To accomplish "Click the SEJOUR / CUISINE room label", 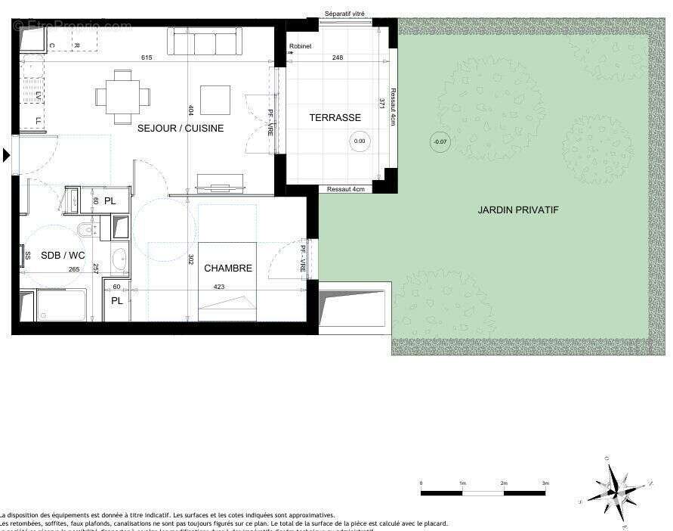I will tap(180, 129).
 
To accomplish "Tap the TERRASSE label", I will tap(335, 118).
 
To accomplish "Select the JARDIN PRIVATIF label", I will tap(518, 210).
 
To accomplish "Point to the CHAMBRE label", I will tap(227, 269).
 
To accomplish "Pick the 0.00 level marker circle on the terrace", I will tap(360, 141).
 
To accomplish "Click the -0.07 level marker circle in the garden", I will tap(438, 141).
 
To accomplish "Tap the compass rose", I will tap(617, 488).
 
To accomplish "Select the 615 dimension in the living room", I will tap(147, 58).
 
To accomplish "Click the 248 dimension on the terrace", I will tap(337, 58).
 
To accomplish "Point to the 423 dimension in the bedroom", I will tap(219, 287).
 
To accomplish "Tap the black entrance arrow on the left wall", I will tap(8, 155).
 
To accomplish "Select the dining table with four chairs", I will tap(122, 96).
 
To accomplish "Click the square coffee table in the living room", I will tap(215, 99).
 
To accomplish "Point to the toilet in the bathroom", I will tap(88, 229).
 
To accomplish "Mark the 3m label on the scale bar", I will tap(545, 483).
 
